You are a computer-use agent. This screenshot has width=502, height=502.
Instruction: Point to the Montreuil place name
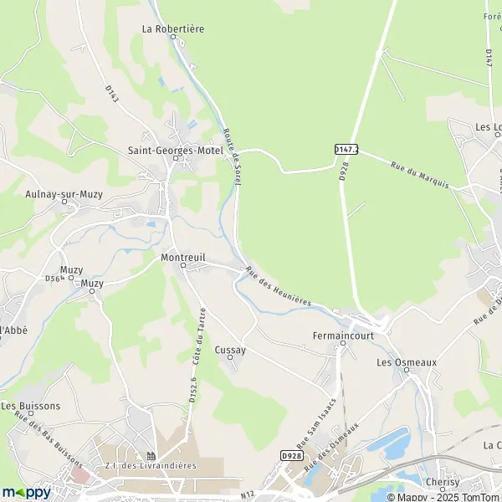pyautogui.click(x=182, y=259)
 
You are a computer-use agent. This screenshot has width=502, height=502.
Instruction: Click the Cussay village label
pyautogui.click(x=230, y=350)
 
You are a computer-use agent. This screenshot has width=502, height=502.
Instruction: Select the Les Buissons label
pyautogui.click(x=30, y=406)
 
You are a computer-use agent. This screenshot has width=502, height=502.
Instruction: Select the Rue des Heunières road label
pyautogui.click(x=279, y=286)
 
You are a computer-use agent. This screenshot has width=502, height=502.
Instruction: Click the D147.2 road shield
pyautogui.click(x=346, y=149)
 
